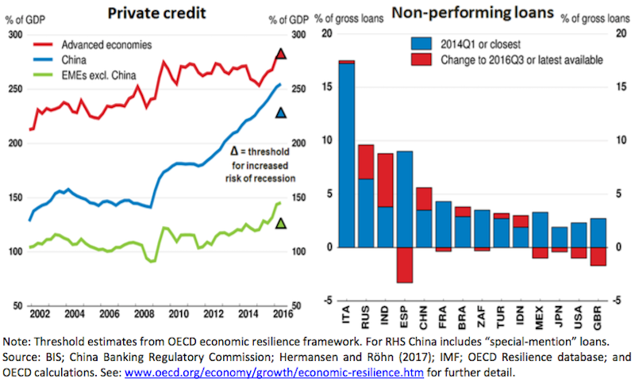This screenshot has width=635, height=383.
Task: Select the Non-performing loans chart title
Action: coord(469,13)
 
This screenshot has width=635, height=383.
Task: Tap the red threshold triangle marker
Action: coord(280,54)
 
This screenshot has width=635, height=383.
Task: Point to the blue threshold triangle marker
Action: coord(280,114)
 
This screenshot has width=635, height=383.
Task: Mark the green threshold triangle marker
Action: coord(280,224)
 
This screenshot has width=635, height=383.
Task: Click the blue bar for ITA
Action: coord(346,155)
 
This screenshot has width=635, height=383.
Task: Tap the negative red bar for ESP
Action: coord(405,265)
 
